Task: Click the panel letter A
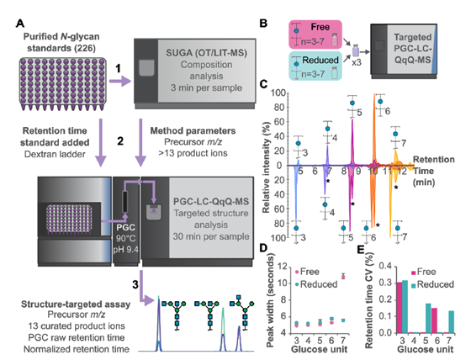tap(20, 23)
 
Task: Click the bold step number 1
tap(119, 68)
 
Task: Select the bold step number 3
tap(135, 284)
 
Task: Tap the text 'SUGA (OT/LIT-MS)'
tap(206, 53)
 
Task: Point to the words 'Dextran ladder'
tap(55, 154)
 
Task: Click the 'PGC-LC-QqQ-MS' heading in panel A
tap(211, 201)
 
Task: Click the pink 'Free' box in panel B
tap(315, 34)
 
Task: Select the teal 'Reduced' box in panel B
tap(315, 66)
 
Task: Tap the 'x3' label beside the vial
tap(357, 63)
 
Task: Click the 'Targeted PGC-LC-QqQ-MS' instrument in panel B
tap(404, 51)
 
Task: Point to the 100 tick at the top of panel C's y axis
tap(278, 93)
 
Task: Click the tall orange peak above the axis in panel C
tap(374, 130)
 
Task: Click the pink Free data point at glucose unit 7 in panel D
tap(343, 276)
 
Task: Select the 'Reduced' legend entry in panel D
tap(316, 284)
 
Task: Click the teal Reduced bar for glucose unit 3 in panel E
tap(405, 306)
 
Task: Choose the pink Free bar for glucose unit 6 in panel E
tap(434, 320)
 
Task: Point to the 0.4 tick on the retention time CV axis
tap(386, 267)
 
